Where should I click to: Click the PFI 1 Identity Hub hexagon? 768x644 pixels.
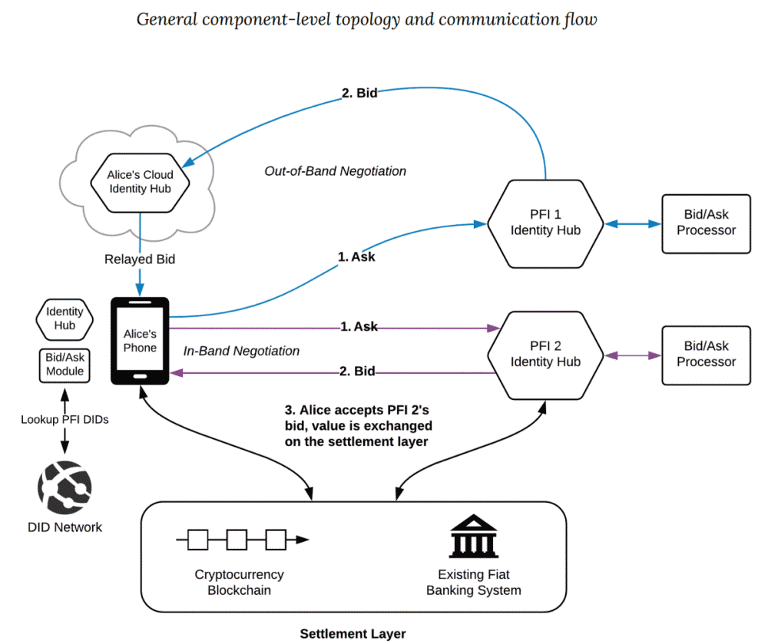tap(545, 223)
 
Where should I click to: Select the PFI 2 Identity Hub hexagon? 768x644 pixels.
tap(545, 354)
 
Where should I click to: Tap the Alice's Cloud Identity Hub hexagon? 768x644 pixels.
tap(140, 182)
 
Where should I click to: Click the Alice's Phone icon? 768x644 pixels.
tap(140, 341)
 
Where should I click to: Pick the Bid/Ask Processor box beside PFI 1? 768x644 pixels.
tap(706, 223)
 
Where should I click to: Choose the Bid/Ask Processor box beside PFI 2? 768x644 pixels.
tap(706, 355)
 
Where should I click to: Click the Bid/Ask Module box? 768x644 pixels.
tap(65, 365)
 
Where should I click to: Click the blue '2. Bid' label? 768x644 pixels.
tap(359, 94)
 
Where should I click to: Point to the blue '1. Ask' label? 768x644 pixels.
tap(356, 256)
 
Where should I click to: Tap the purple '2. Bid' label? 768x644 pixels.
tap(357, 372)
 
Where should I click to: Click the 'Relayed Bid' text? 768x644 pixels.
tap(140, 259)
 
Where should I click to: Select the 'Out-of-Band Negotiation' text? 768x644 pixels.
tap(335, 171)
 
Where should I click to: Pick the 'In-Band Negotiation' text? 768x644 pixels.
tap(241, 351)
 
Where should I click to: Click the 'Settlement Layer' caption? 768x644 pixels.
tap(353, 633)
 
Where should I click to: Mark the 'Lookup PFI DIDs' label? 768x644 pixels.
tap(65, 420)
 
